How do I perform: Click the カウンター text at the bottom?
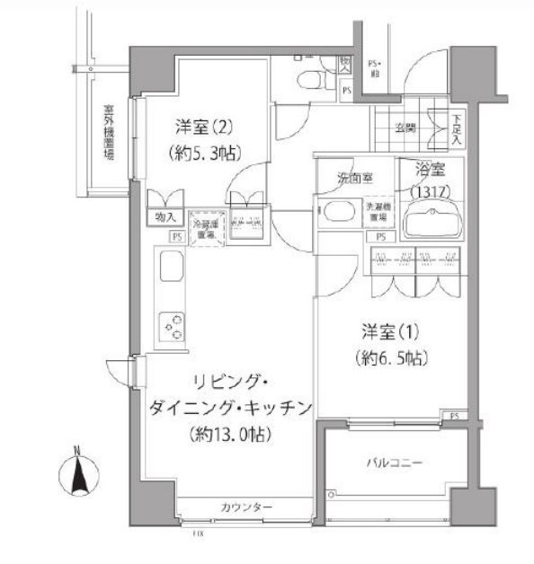point(245,508)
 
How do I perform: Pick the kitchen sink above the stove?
point(171,269)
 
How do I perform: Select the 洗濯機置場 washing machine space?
point(378,212)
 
